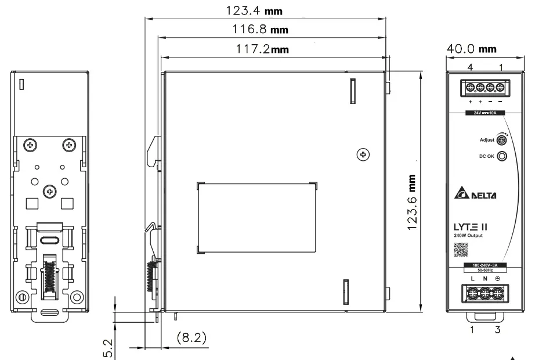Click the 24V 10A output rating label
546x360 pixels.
tap(484, 113)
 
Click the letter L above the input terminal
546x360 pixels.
tap(472, 279)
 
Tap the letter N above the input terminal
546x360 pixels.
tap(485, 279)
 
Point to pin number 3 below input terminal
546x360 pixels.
tap(497, 330)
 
